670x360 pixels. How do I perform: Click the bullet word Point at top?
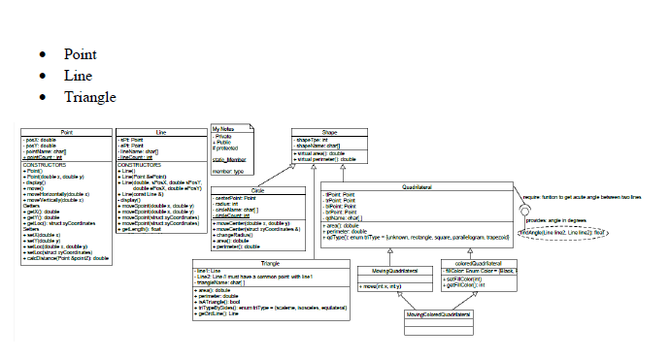point(80,54)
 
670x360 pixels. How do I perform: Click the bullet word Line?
point(78,76)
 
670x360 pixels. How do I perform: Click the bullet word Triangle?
point(89,97)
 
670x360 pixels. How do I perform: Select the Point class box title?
point(67,131)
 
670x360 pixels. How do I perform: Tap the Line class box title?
point(161,131)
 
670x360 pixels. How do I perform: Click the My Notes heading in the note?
point(224,129)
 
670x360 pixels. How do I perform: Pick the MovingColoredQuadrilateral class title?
point(437,315)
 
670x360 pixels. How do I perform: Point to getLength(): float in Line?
point(145,230)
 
